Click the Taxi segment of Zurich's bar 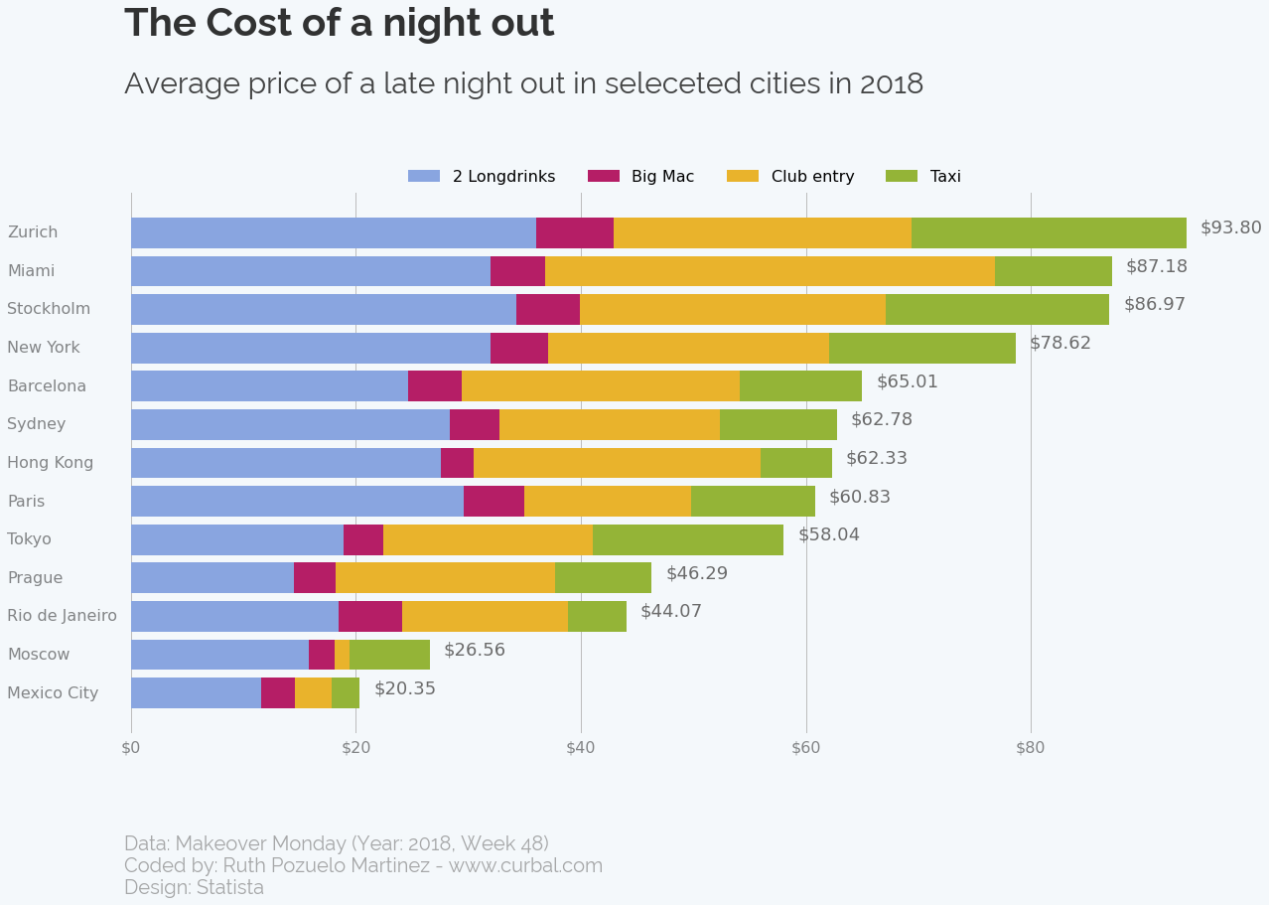(x=1049, y=232)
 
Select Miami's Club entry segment (x=770, y=271)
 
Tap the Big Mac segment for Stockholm (x=548, y=309)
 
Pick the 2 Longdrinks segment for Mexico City (x=196, y=692)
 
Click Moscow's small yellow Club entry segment (x=342, y=655)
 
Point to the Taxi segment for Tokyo (x=688, y=539)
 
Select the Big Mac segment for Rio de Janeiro (x=370, y=616)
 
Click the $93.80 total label (x=1230, y=227)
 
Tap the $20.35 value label (x=404, y=688)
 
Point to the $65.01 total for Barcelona (x=907, y=381)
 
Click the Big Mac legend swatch (x=604, y=176)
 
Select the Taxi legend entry (x=929, y=176)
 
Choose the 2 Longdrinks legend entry (x=482, y=176)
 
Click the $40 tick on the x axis (x=581, y=748)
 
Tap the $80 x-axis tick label (x=1031, y=748)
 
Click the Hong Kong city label (x=51, y=463)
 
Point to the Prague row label (x=35, y=578)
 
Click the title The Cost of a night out (x=339, y=24)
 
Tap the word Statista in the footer (x=230, y=887)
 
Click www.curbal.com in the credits (x=525, y=865)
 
